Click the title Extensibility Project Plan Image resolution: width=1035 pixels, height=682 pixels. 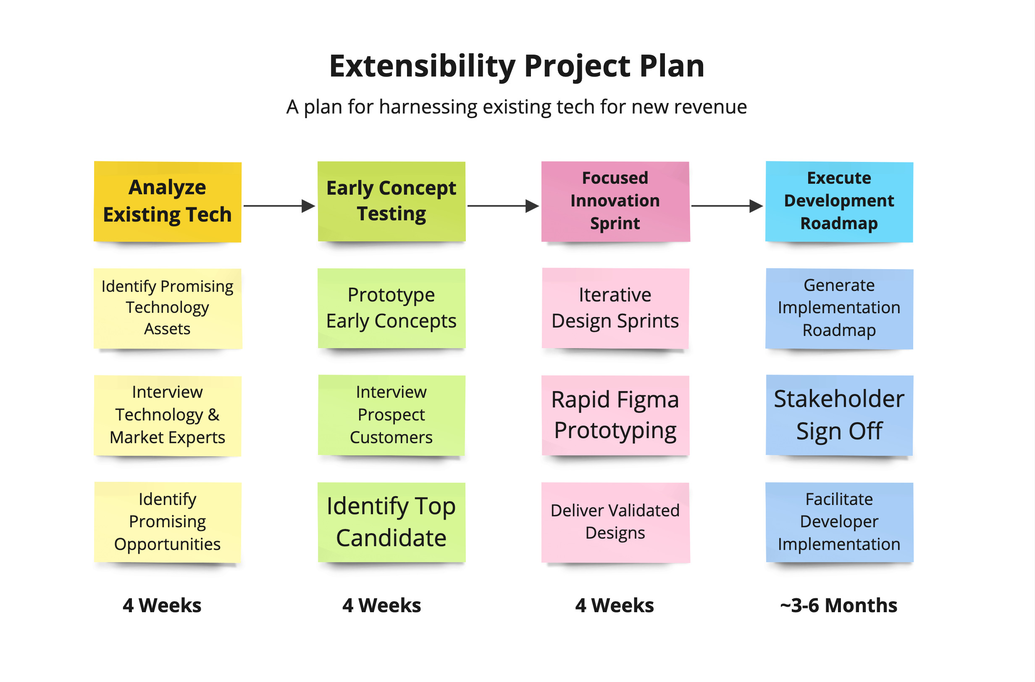[x=517, y=66]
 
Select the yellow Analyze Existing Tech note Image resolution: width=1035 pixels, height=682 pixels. [x=168, y=201]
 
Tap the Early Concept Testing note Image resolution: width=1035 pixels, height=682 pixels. [x=391, y=201]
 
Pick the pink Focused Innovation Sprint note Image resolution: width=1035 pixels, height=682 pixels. [x=615, y=201]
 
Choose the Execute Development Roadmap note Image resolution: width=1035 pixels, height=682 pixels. [x=839, y=201]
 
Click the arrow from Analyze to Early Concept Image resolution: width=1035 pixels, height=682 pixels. [x=279, y=206]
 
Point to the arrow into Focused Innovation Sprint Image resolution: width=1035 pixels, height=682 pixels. [x=503, y=206]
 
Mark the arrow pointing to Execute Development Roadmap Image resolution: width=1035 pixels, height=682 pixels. [x=727, y=206]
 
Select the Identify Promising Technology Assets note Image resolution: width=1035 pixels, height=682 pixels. [x=168, y=308]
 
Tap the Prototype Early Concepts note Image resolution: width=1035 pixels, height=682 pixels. [x=391, y=308]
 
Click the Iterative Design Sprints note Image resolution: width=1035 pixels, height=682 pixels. [x=615, y=308]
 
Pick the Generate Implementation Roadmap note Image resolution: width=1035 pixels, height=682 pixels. [x=839, y=308]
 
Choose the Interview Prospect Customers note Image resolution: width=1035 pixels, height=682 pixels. [x=391, y=415]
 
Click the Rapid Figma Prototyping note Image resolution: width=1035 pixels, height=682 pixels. [x=615, y=415]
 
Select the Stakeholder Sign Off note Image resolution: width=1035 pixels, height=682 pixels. [x=839, y=415]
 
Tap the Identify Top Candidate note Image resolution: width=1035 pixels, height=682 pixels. [x=391, y=522]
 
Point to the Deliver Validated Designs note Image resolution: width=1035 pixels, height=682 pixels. [x=615, y=522]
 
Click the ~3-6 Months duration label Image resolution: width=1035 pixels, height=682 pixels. [x=839, y=605]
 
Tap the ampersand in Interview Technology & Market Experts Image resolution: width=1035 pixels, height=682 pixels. [x=213, y=415]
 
